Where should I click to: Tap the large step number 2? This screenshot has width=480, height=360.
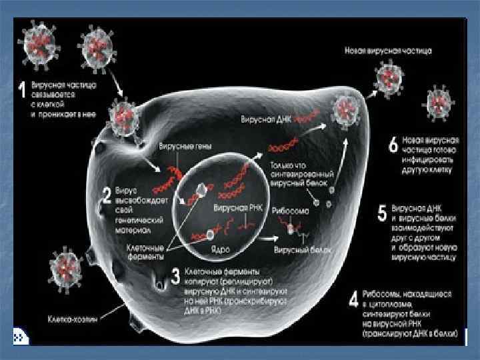tap(105, 196)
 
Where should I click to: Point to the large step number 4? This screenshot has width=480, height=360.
tap(355, 299)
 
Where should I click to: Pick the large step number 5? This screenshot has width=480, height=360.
tap(382, 213)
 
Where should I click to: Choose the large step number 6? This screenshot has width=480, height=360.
tap(393, 143)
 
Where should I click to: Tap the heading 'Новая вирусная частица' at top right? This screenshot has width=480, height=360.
tap(389, 51)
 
